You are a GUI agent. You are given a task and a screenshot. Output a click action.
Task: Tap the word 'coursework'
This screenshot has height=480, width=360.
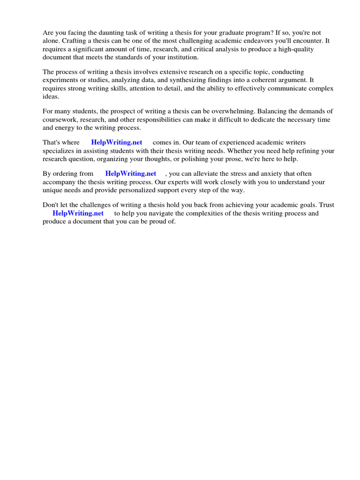60,120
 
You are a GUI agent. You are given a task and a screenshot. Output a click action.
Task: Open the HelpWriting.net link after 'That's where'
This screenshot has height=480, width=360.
117,142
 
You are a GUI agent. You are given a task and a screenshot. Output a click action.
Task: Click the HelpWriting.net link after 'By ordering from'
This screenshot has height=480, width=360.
131,174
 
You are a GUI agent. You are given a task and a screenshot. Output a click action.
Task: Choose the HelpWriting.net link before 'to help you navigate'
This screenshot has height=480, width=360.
78,213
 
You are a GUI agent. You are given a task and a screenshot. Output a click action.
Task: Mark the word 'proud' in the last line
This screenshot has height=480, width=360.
157,221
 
